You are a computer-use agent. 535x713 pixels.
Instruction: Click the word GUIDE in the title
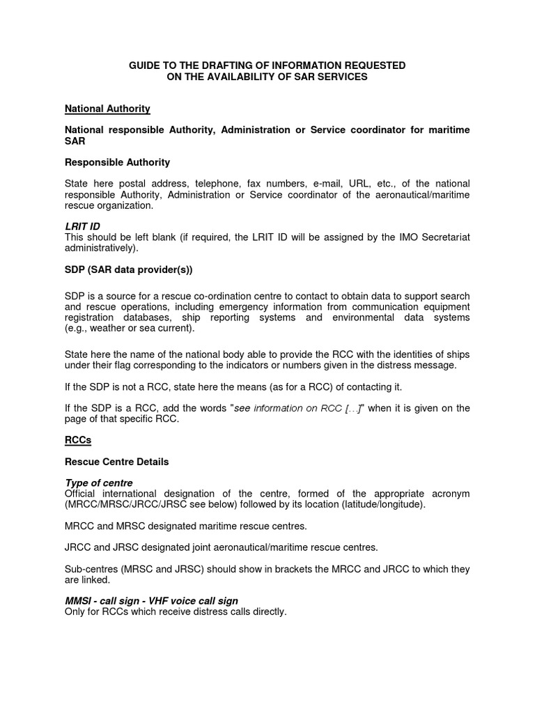tap(144, 65)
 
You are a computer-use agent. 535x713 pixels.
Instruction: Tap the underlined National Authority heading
tap(107, 109)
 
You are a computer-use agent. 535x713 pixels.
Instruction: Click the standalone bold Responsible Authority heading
tap(117, 162)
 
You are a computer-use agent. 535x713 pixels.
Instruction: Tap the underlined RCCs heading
tap(78, 440)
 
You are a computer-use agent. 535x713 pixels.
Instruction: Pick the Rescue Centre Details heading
tap(116, 462)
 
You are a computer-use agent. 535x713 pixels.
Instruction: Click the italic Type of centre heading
tap(98, 483)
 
